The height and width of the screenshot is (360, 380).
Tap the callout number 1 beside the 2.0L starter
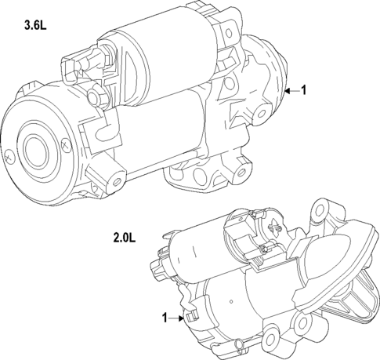click(165, 318)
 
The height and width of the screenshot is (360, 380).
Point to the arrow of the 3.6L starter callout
click(290, 91)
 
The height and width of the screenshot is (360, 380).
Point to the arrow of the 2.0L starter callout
click(178, 318)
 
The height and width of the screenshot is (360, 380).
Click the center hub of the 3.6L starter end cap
click(36, 148)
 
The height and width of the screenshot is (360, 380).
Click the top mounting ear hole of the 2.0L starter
click(318, 210)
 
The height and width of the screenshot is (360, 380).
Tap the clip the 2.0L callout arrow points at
click(189, 316)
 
